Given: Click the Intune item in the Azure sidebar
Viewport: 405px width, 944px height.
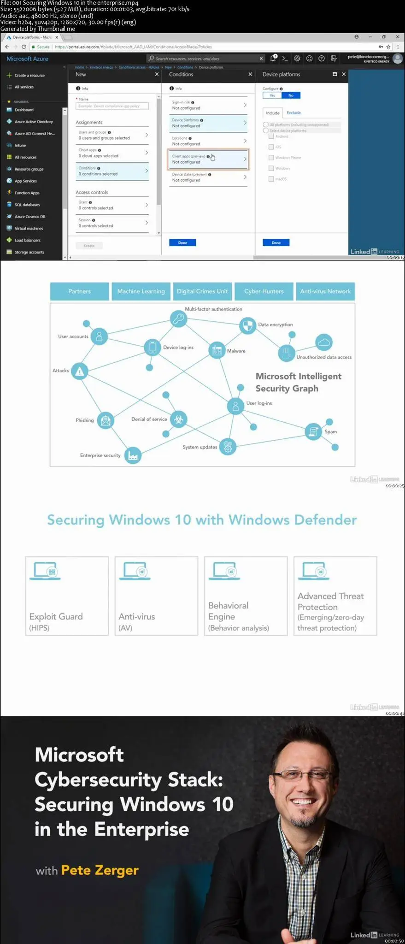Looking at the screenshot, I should pyautogui.click(x=20, y=145).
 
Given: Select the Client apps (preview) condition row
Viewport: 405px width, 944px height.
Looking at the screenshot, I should pyautogui.click(x=208, y=159).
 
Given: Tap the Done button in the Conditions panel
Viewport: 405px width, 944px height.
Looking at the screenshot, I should pyautogui.click(x=182, y=242).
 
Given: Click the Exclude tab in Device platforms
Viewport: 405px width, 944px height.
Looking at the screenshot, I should pyautogui.click(x=293, y=112).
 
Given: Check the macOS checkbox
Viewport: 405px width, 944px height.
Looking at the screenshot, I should pyautogui.click(x=271, y=179).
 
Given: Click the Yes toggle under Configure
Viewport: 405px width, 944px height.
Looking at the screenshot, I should pyautogui.click(x=272, y=95).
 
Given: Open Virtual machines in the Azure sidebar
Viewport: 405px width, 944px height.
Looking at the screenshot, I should pyautogui.click(x=29, y=228).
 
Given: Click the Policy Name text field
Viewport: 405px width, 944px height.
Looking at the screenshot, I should pyautogui.click(x=112, y=106).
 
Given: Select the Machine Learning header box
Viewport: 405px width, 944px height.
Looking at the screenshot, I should pyautogui.click(x=141, y=291).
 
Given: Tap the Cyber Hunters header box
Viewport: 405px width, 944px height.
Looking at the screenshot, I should pyautogui.click(x=264, y=291).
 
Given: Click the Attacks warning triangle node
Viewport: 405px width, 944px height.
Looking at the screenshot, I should pyautogui.click(x=80, y=371).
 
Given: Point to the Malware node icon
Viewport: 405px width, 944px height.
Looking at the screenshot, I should pyautogui.click(x=217, y=350).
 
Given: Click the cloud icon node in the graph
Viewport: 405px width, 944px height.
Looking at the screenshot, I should pyautogui.click(x=324, y=342).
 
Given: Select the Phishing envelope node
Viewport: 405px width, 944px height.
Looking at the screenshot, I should pyautogui.click(x=106, y=420).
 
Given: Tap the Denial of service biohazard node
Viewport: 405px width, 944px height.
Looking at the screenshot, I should pyautogui.click(x=178, y=419).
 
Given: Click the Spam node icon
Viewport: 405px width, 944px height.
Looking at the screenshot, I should pyautogui.click(x=313, y=431).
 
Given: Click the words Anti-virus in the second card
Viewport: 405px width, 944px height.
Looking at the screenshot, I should pyautogui.click(x=136, y=616).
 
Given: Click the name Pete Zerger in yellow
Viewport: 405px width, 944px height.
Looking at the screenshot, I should pyautogui.click(x=100, y=870).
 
